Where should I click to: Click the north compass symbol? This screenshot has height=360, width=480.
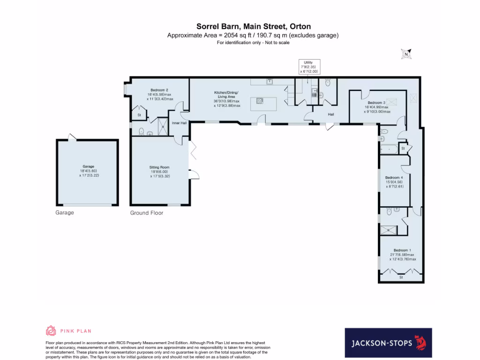406,54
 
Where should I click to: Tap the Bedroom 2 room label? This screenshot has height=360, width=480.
159,90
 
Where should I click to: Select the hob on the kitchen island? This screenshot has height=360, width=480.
260,99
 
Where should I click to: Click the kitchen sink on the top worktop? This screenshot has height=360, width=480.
270,81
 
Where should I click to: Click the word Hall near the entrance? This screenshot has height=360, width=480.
331,114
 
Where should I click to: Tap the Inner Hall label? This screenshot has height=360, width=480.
179,123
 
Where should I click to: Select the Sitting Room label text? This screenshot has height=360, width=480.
159,167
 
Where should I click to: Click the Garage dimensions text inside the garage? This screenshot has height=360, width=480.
89,172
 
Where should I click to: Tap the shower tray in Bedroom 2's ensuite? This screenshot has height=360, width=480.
163,125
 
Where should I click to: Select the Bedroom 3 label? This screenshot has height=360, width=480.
376,103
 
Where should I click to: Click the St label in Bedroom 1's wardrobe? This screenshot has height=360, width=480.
401,277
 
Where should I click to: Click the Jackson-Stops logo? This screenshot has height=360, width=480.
388,343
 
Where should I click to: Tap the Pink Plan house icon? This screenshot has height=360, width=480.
51,331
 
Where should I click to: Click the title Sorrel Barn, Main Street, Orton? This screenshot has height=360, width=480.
253,27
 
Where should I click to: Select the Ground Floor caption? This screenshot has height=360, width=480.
146,212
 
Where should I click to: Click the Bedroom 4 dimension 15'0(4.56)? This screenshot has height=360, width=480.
394,182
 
